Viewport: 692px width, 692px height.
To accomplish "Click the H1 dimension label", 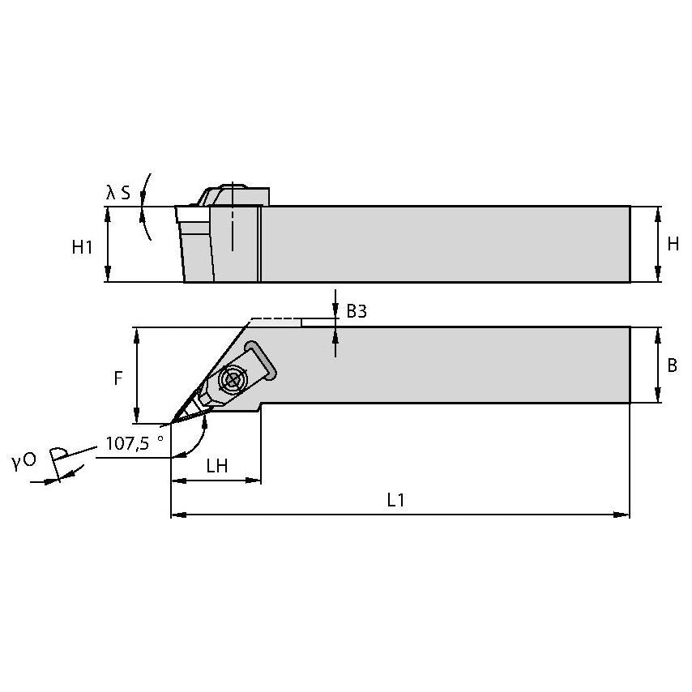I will pos(82,247).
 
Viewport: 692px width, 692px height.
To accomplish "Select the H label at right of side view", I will pos(673,244).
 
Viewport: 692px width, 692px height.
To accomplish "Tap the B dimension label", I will pos(672,365).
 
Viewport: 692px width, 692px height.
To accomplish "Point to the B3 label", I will pos(357,311).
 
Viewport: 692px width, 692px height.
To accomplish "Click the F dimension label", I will pos(118,378).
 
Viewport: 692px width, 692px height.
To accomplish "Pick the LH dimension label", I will pos(216,466).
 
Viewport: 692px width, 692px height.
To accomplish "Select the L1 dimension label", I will pos(395,501).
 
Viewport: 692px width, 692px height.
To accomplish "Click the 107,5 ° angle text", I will pos(135,443).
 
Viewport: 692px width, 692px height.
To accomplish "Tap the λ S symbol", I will pos(117,192).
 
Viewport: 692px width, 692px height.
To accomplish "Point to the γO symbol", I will pos(23,461).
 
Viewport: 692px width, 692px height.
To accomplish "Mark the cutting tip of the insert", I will pos(173,422).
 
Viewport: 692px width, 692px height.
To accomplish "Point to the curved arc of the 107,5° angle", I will pos(199,440).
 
